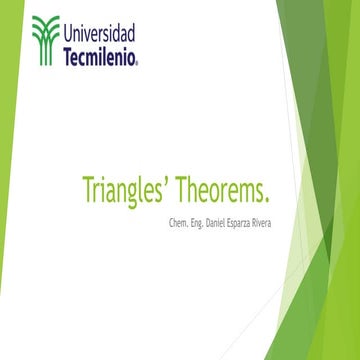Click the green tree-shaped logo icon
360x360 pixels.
[x=45, y=41]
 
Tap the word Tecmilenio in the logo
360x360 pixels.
[x=100, y=56]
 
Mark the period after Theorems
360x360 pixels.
[x=270, y=197]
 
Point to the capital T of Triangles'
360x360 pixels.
[x=86, y=188]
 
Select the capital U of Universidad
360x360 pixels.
[x=70, y=32]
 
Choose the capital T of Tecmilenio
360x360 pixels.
[x=68, y=56]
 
